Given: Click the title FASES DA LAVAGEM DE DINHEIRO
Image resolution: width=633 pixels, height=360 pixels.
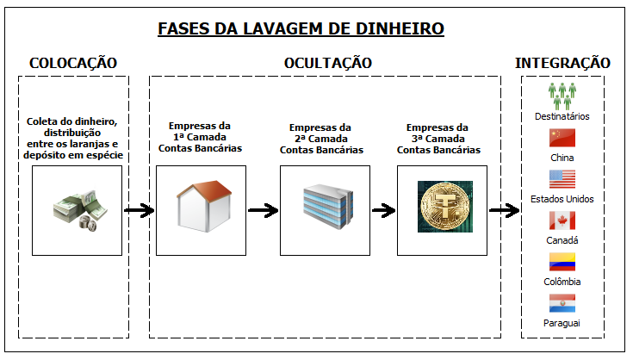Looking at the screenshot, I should pos(301,29).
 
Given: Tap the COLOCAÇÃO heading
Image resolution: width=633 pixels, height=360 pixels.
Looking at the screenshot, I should pos(73,63).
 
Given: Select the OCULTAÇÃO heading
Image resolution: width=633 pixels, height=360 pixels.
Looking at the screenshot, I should pos(327,63).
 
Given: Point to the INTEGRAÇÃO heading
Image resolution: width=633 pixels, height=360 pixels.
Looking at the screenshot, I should pos(562,63).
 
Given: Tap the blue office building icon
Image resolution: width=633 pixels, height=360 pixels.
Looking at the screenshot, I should pos(325,207).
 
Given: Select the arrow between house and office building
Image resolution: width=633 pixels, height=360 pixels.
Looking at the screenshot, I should pos(263,210).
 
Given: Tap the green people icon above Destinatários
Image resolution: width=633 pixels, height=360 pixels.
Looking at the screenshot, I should pos(562,95).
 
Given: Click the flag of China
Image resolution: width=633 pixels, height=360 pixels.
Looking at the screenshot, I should pos(562,139).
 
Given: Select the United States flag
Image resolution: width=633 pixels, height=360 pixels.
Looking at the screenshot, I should pos(562,179).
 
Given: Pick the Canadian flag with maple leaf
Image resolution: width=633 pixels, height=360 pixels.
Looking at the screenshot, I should pos(562,220).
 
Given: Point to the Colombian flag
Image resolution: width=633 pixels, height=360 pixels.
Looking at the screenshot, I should pos(562,262).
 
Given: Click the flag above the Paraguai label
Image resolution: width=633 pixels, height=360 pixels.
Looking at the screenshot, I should pos(562,302).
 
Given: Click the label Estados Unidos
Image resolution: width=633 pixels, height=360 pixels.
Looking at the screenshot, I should pos(562,199).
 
